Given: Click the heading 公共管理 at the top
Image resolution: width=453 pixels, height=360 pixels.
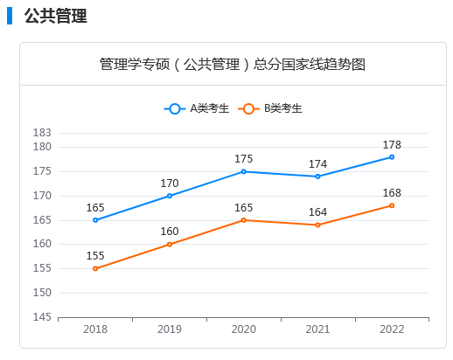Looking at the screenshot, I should point(55,16).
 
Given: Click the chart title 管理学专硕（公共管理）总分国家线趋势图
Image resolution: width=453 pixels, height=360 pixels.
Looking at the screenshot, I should point(232,65).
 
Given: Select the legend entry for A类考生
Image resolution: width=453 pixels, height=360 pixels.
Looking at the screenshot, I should point(198,108).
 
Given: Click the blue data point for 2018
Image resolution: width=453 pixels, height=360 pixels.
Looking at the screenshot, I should point(95,220).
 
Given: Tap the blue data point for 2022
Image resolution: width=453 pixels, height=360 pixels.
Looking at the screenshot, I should point(392,157).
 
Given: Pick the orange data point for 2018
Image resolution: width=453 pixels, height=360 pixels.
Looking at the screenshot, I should point(95,268).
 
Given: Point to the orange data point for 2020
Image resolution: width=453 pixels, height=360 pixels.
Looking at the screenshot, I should point(244,220).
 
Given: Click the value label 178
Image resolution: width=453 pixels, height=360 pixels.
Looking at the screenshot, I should point(392,144).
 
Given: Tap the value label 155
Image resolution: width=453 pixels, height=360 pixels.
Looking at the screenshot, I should point(95,256).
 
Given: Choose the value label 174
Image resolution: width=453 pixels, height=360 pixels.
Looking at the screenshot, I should point(318,163).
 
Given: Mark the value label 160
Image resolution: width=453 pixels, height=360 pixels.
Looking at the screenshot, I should point(170,232).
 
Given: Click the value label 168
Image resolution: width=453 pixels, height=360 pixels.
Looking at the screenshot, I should point(392,192).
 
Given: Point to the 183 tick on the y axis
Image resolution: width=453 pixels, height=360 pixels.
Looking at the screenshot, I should point(42,133).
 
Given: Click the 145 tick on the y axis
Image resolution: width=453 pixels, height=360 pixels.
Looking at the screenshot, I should point(42,317).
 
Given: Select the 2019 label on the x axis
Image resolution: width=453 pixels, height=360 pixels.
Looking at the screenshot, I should point(170,329).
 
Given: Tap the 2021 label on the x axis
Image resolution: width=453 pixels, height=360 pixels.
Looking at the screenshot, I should point(318,329).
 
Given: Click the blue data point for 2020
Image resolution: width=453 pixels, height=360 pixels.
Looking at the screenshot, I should point(244,171).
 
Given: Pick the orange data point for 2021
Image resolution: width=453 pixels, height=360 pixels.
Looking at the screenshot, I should point(318,225).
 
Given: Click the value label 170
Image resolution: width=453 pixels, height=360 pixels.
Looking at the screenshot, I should point(170,183).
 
